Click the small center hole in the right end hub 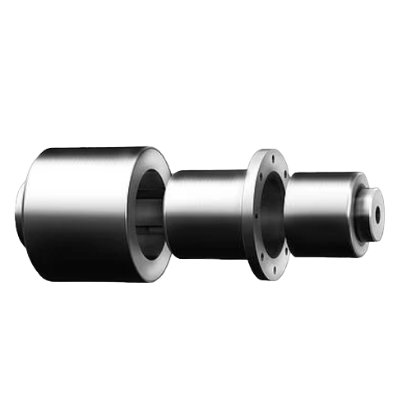point(377,210)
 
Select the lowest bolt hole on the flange point(270,273)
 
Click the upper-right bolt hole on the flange point(284,173)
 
